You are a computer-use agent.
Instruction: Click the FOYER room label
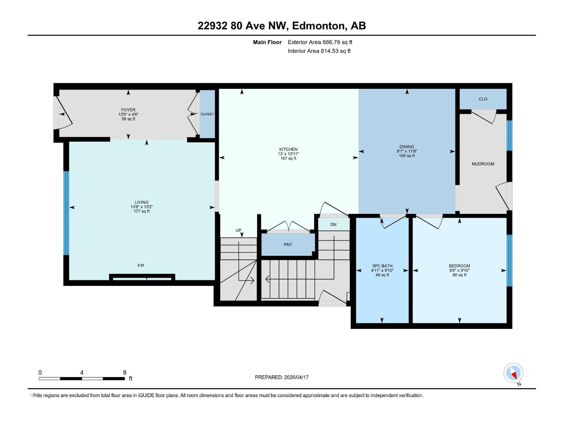point(128,110)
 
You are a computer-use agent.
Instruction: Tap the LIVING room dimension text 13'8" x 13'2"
point(141,207)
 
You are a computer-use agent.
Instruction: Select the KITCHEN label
point(288,149)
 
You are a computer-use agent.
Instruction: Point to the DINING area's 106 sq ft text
point(406,156)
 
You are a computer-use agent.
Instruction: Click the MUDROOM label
point(483,164)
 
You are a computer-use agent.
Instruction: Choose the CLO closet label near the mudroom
point(483,99)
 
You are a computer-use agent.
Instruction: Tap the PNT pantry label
point(288,245)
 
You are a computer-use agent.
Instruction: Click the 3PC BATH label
point(382,266)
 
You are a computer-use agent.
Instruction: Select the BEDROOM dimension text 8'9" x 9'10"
point(459,271)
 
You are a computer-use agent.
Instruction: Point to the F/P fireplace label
point(141,265)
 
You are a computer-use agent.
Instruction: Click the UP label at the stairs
point(239,231)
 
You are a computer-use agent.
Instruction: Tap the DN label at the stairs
point(333,225)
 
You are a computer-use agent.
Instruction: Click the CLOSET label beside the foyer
point(207,114)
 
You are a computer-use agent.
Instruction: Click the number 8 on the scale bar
point(124,373)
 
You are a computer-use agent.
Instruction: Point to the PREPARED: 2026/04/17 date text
point(282,377)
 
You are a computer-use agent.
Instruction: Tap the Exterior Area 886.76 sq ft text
point(320,42)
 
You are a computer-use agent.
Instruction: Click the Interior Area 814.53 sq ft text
point(319,51)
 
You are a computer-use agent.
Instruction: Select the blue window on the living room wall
point(66,213)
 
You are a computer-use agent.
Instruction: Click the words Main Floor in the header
point(267,42)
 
